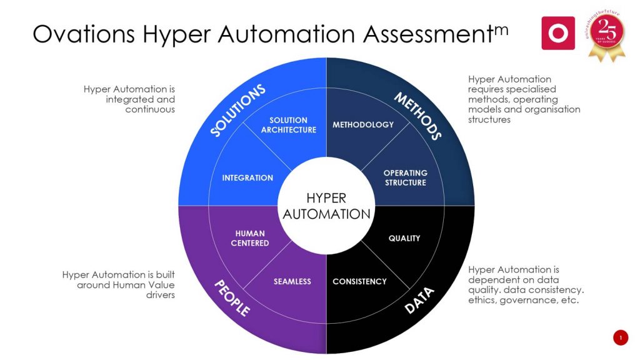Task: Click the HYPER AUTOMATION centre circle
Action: pos(326,206)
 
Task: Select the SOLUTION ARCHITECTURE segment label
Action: pos(288,125)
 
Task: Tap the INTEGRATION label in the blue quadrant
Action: pos(247,178)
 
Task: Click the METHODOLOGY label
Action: pos(363,124)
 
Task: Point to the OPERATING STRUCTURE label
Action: pos(405,177)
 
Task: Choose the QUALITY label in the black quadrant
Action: pos(404,238)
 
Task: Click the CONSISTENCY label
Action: pos(359,281)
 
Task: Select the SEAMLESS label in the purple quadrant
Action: pos(292,281)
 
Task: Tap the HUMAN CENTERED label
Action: pos(250,238)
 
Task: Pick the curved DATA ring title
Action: pos(419,300)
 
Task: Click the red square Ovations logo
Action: pos(558,33)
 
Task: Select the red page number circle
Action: pos(620,338)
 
